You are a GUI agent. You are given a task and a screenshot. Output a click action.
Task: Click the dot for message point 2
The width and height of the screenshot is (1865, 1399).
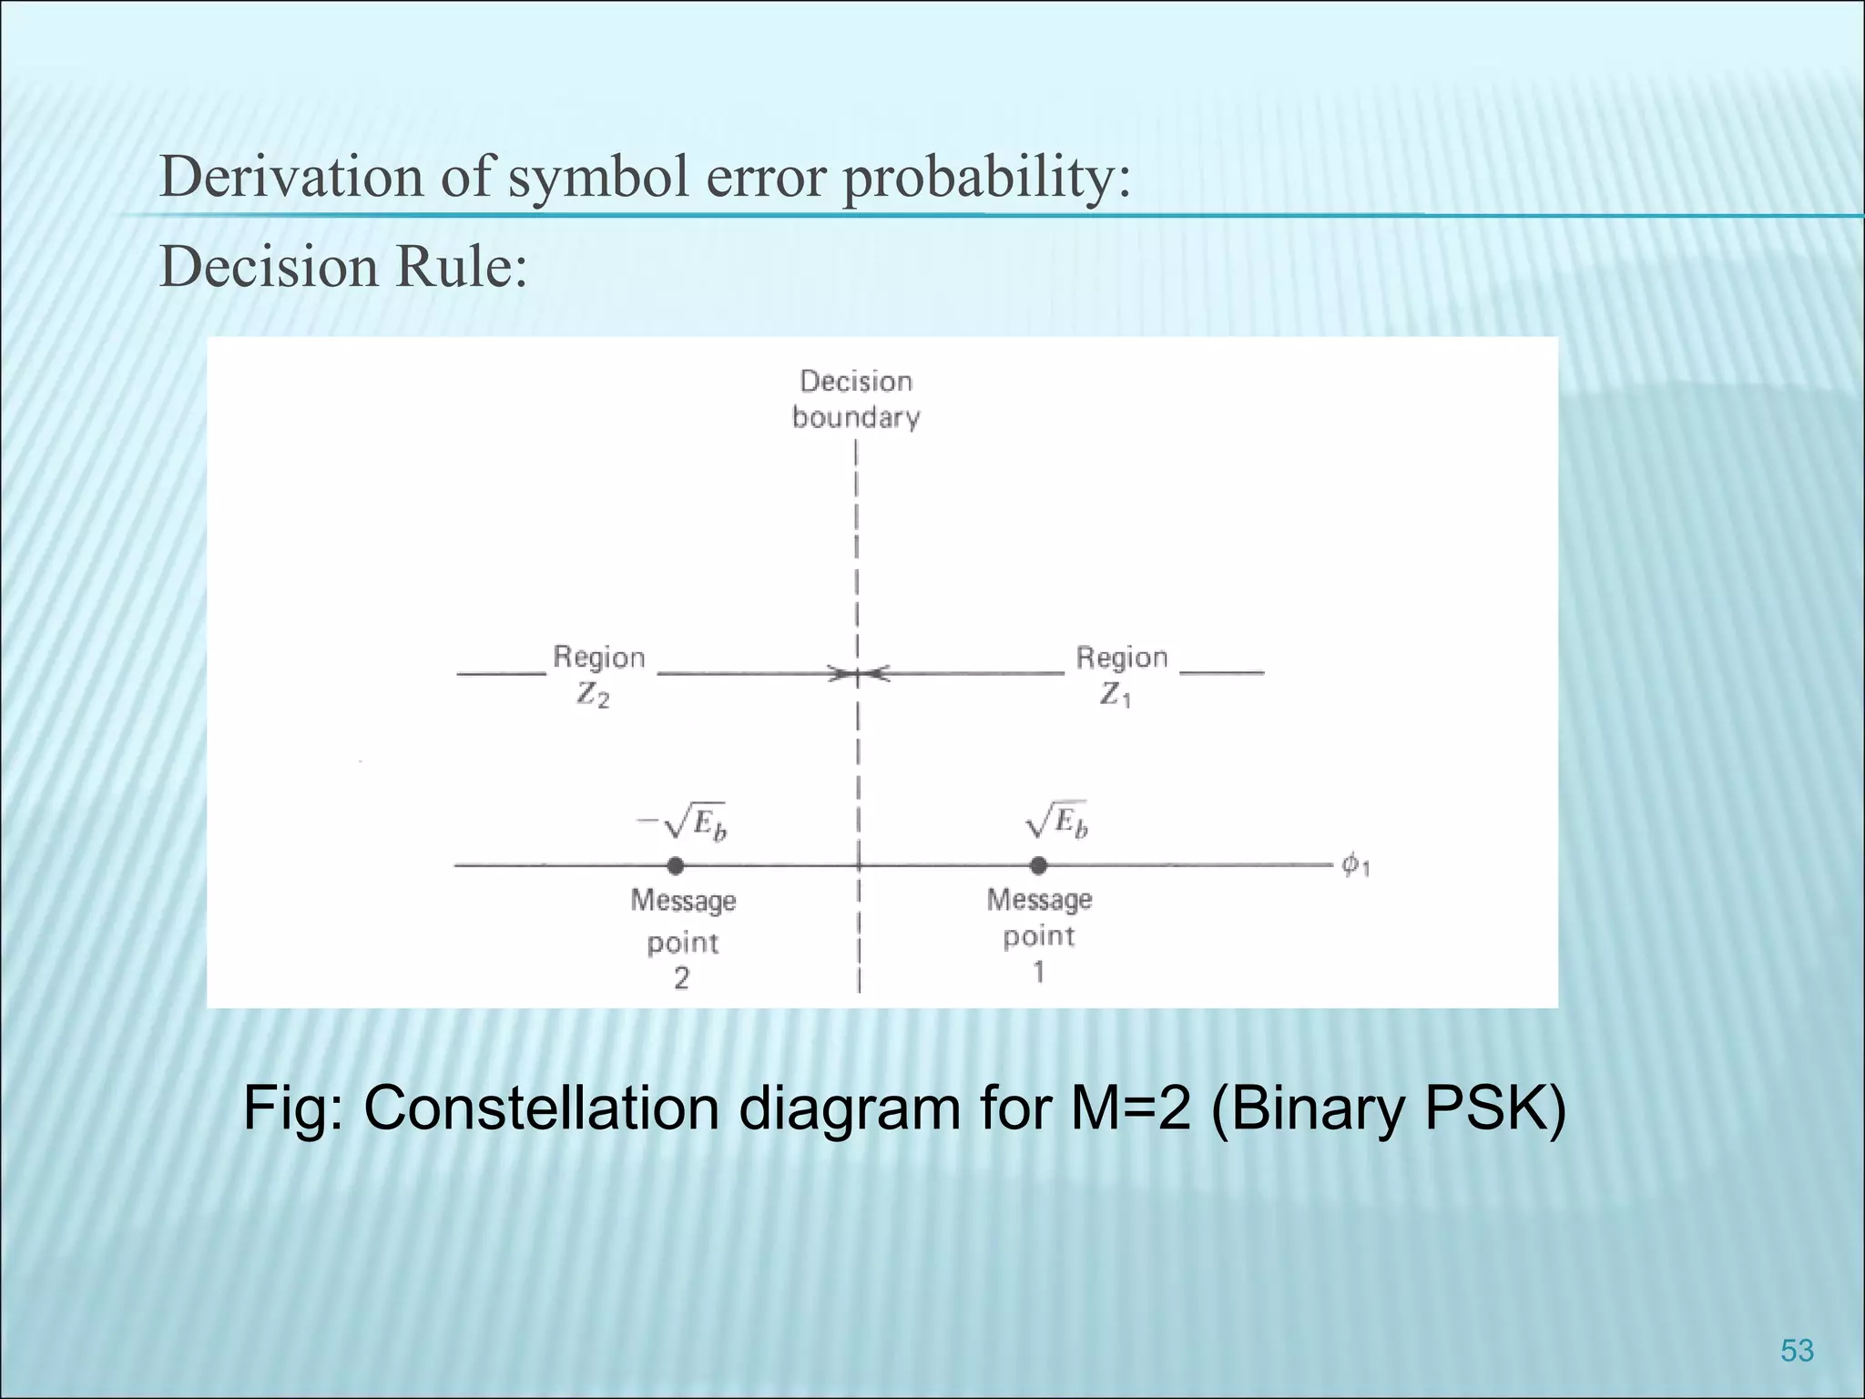(x=675, y=865)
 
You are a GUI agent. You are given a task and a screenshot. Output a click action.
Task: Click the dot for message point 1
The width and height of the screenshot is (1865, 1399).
(x=1038, y=865)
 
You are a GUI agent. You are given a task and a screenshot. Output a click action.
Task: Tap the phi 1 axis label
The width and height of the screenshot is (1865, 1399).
(x=1355, y=864)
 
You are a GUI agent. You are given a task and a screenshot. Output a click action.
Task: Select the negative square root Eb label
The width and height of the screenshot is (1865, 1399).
(x=682, y=822)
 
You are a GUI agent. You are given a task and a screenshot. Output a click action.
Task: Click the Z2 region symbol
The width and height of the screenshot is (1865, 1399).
(x=593, y=696)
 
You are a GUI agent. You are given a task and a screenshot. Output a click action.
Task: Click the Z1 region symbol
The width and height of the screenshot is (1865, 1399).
(x=1115, y=696)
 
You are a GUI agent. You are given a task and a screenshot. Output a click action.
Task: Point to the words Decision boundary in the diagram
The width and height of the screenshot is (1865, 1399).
(x=856, y=399)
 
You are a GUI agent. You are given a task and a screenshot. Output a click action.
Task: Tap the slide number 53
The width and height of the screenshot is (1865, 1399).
(x=1797, y=1350)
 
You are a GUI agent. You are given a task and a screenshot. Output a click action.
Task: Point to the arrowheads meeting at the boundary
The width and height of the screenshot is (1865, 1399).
(x=858, y=675)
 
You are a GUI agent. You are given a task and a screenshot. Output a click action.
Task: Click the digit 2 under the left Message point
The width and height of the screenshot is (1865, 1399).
(x=681, y=978)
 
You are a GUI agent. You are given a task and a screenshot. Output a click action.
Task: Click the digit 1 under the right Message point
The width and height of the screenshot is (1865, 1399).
(x=1038, y=973)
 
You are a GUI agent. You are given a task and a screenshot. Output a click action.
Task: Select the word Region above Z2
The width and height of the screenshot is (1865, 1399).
(x=599, y=657)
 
